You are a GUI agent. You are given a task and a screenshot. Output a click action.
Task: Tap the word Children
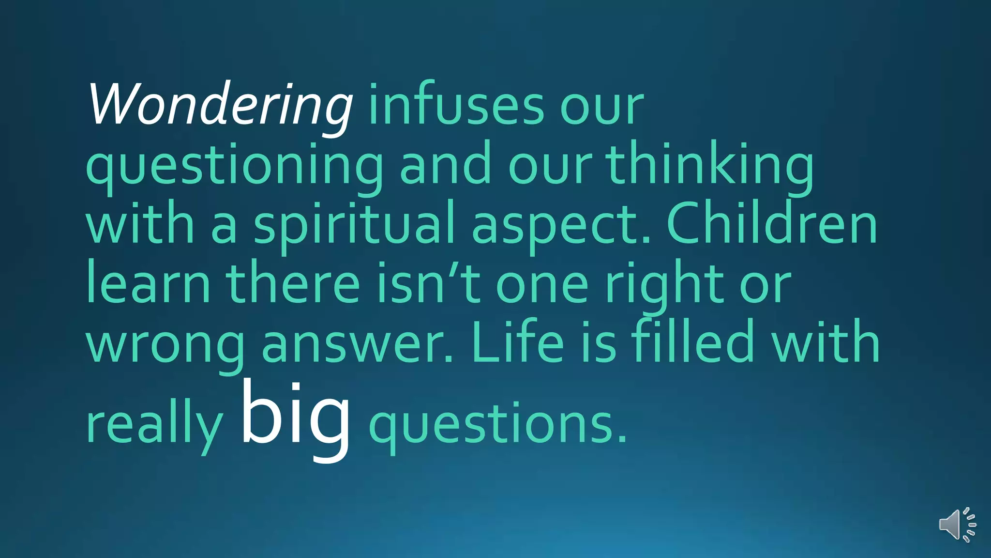[x=772, y=224]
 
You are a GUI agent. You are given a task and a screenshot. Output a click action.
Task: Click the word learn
[x=148, y=284]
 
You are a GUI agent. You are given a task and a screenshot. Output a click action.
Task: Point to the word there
[x=293, y=284]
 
